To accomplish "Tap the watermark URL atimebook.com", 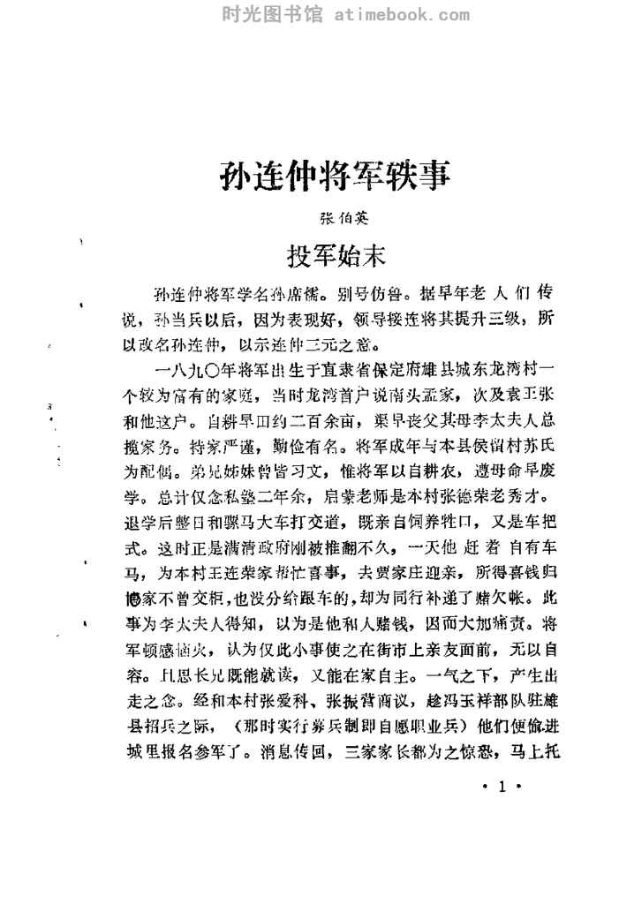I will click(397, 13).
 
